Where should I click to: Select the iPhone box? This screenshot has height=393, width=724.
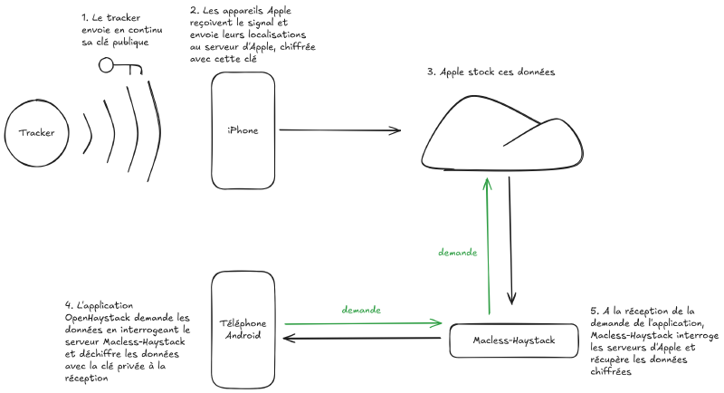point(243,130)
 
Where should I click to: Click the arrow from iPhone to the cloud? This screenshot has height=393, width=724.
point(339,130)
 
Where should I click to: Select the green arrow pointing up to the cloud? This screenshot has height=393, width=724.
point(489,244)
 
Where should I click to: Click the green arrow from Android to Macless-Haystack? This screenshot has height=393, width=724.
point(362,321)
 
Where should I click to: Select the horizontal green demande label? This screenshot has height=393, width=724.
point(361,310)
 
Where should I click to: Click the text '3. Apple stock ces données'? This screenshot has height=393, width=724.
point(491,72)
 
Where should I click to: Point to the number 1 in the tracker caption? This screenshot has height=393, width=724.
point(84,17)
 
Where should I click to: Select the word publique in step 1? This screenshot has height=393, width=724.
point(128,43)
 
